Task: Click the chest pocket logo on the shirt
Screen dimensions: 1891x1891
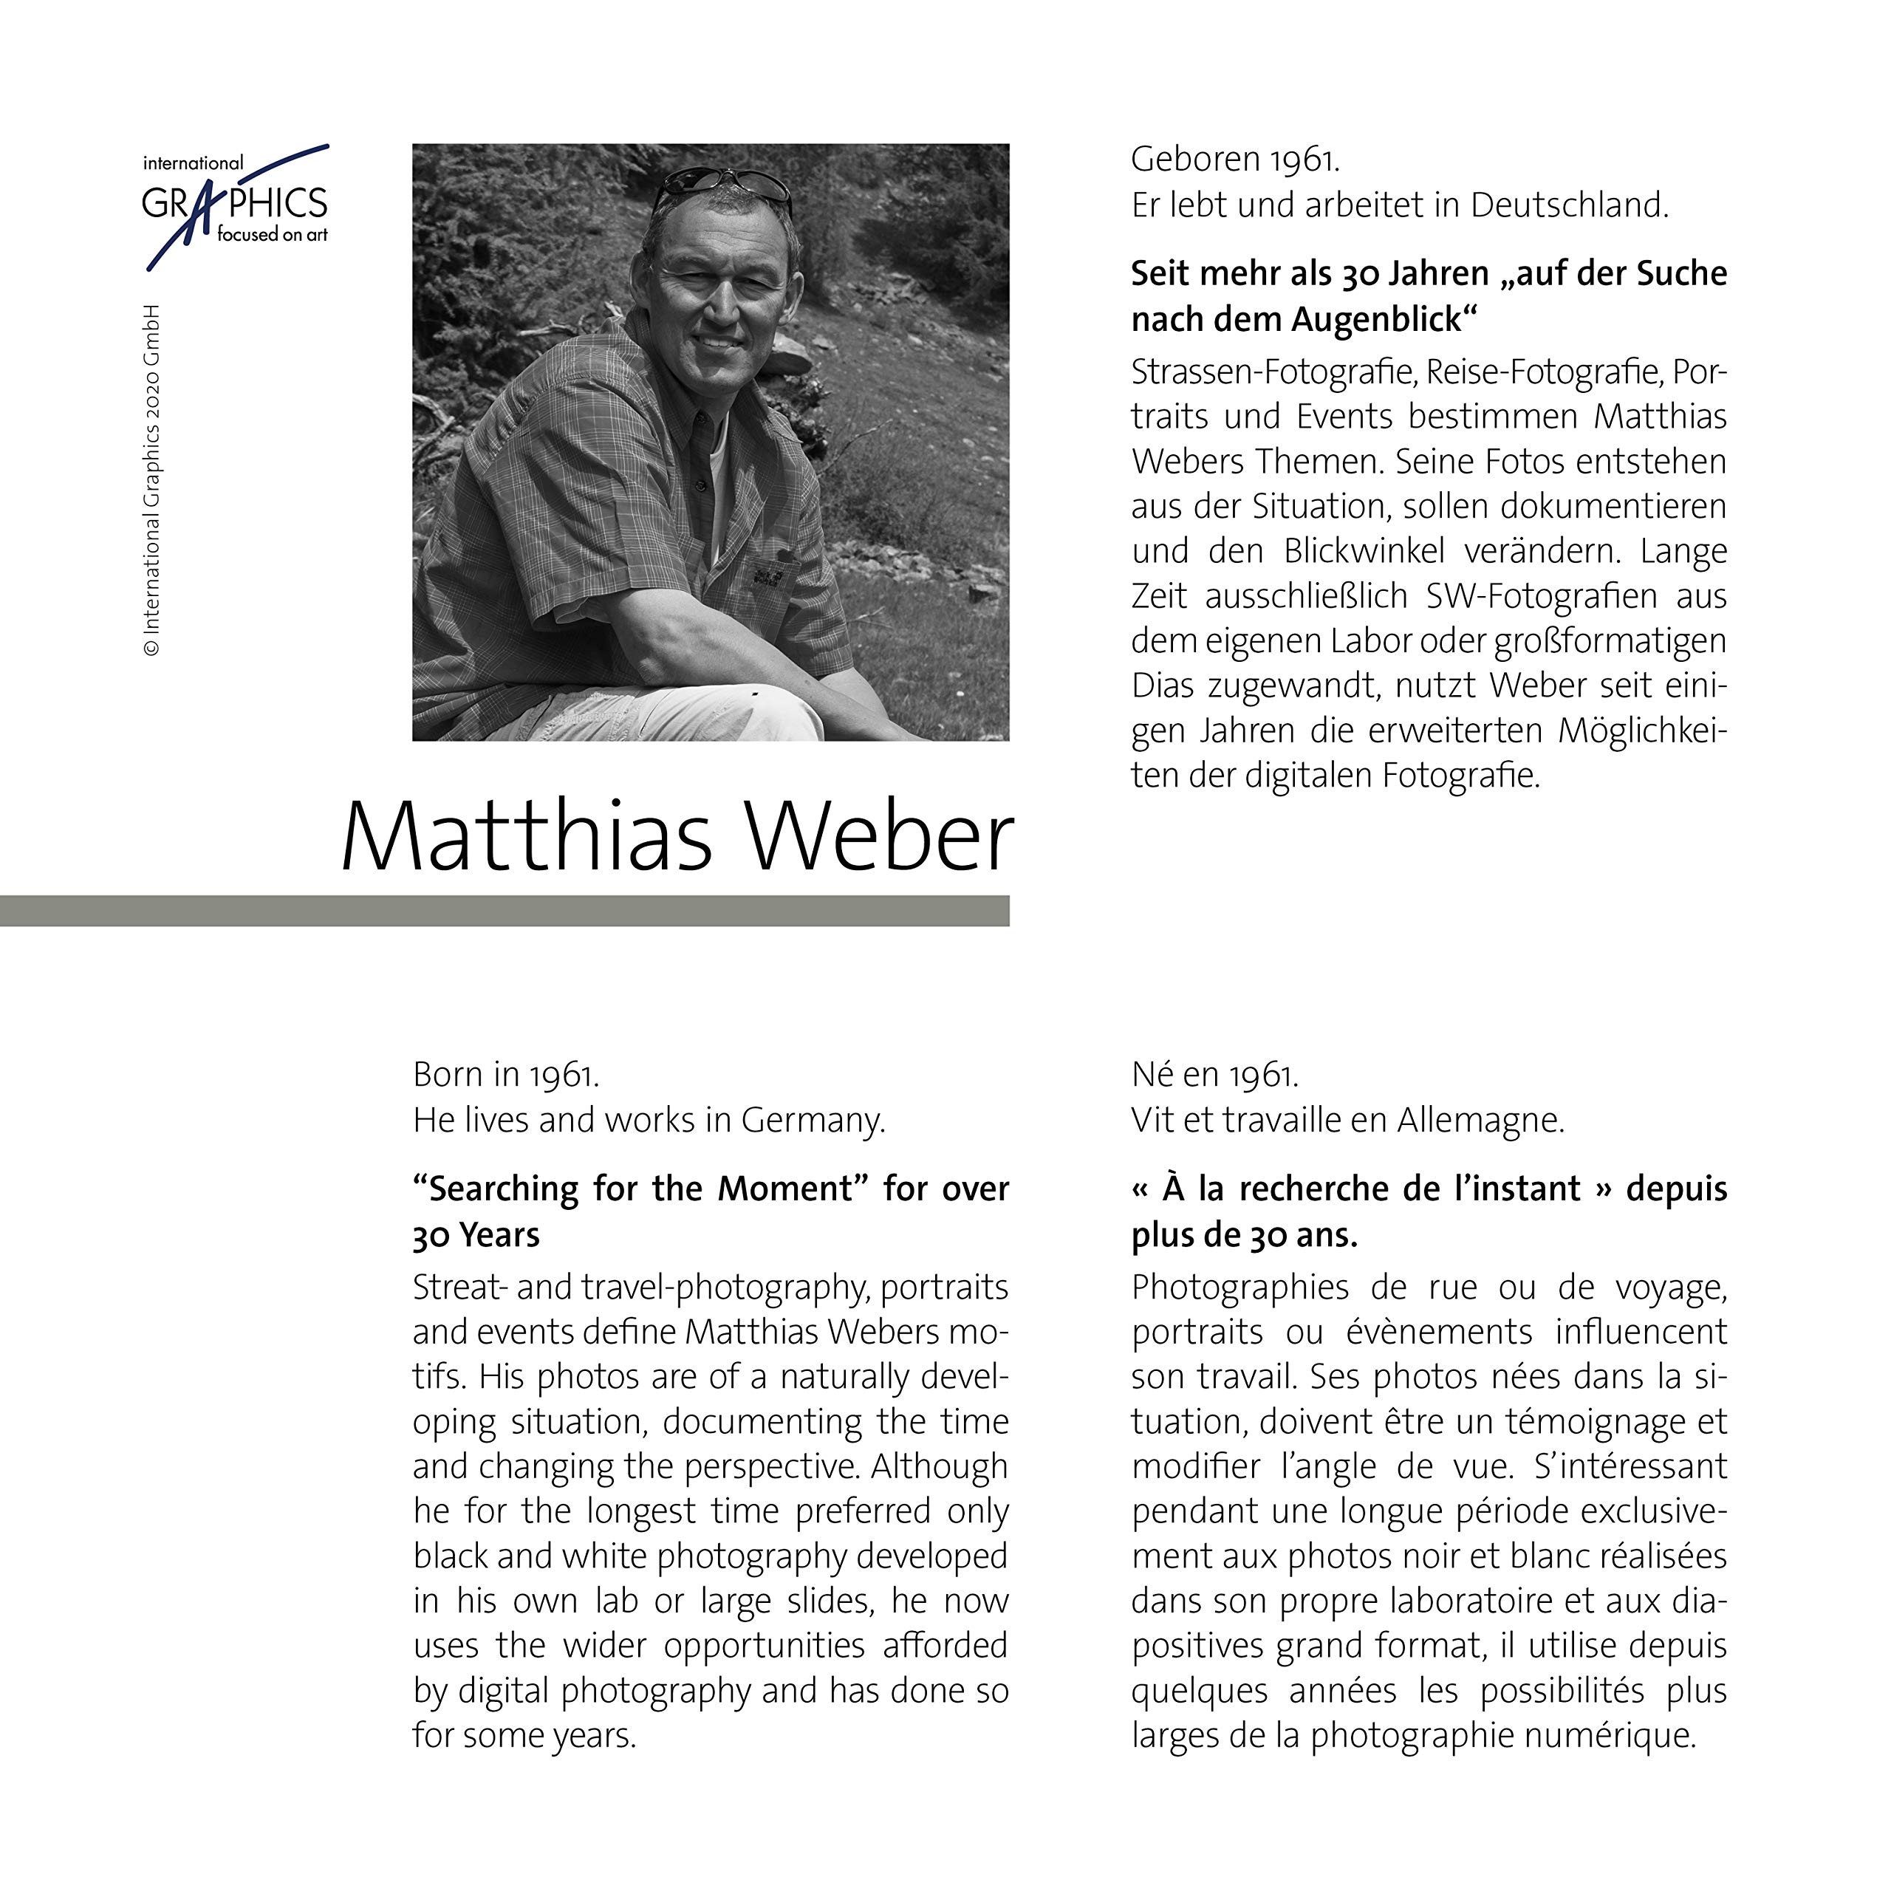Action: tap(765, 572)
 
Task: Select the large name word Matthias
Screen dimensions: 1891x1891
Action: tap(527, 838)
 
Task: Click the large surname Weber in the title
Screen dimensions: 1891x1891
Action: tap(879, 838)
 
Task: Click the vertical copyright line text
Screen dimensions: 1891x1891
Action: tap(151, 479)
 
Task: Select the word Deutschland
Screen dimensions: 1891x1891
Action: tap(1569, 205)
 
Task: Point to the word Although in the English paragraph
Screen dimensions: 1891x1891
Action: tap(939, 1466)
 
